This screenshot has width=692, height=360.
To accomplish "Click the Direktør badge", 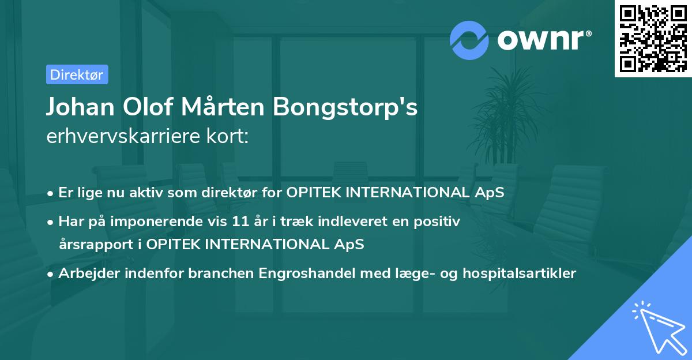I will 77,74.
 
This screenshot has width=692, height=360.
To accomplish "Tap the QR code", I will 653,38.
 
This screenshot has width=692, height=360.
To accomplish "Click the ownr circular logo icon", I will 469,40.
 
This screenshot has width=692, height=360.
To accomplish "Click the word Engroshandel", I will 307,273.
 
